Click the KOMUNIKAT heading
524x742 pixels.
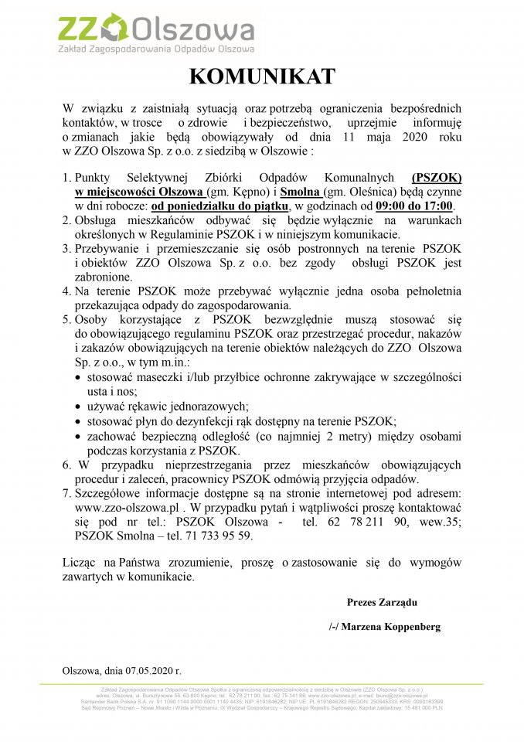tap(262, 77)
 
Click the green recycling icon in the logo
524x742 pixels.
tap(116, 28)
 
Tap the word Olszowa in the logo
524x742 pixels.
tap(192, 30)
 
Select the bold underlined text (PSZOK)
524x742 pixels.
tap(437, 177)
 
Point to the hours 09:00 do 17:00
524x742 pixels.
tap(416, 206)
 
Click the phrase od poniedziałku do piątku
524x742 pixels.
tap(219, 206)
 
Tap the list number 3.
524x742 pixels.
tap(66, 249)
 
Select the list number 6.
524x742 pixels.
tap(66, 465)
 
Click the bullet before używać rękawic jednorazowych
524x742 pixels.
tap(80, 407)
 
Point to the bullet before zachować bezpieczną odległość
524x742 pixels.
tap(80, 437)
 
